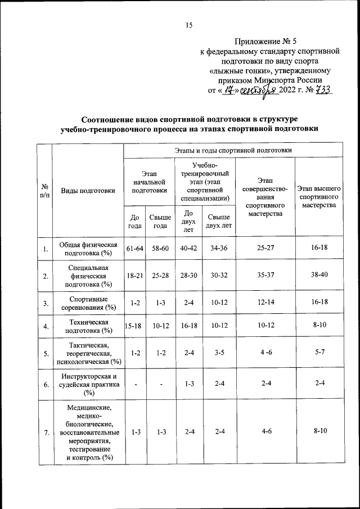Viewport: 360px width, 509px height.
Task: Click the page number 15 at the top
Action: coord(189,24)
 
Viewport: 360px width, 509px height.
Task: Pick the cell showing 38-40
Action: coord(319,276)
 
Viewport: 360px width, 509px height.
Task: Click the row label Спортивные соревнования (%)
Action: coord(87,303)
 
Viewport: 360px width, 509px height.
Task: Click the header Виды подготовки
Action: coord(88,190)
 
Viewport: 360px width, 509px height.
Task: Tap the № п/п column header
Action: coord(44,190)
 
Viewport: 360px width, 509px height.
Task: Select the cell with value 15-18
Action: coord(134,326)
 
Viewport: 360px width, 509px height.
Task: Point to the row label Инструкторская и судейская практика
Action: coord(87,385)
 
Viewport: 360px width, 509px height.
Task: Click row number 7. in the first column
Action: coord(44,432)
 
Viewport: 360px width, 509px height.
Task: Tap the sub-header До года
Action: coord(134,222)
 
